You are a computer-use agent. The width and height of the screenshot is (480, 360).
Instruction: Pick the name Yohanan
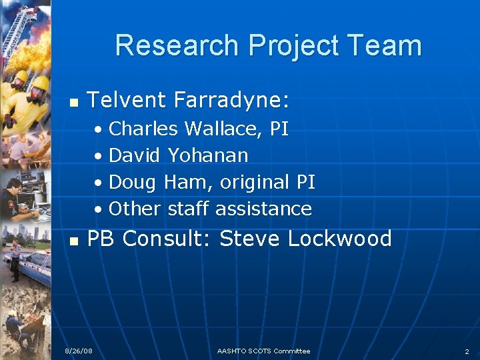[x=208, y=155]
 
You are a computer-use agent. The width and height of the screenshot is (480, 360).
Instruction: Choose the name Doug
[x=132, y=182]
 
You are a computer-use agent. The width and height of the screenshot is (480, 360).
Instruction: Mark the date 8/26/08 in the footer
[x=79, y=351]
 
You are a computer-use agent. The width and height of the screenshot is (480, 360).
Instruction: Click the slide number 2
[x=467, y=351]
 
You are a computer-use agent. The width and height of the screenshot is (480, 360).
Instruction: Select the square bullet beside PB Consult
[x=75, y=240]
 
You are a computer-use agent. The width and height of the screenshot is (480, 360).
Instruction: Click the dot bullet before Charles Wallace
[x=98, y=129]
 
